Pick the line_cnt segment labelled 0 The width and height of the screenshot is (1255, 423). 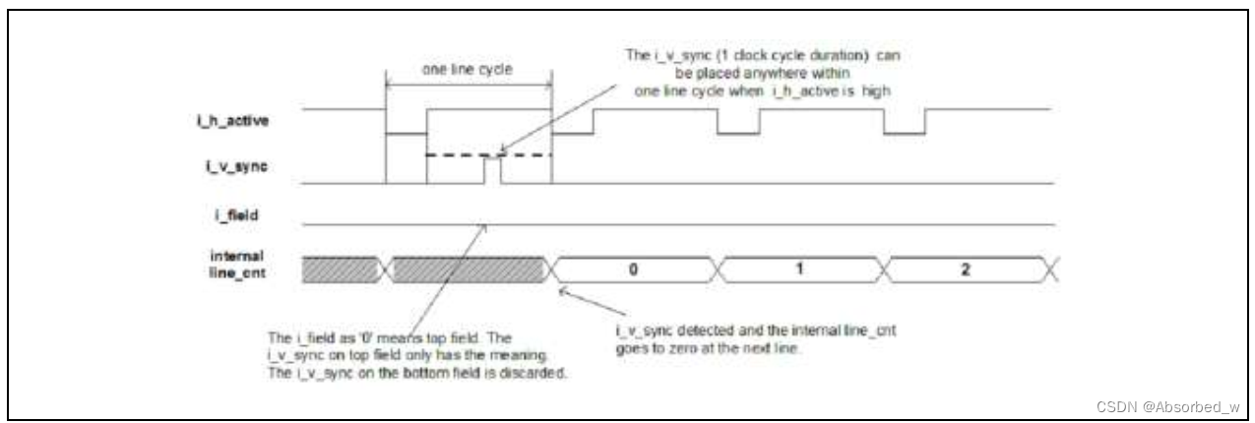click(x=636, y=268)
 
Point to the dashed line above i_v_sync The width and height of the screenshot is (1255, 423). click(x=463, y=154)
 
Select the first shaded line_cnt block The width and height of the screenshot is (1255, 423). click(x=341, y=268)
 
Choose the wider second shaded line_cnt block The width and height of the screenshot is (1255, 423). click(x=468, y=268)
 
